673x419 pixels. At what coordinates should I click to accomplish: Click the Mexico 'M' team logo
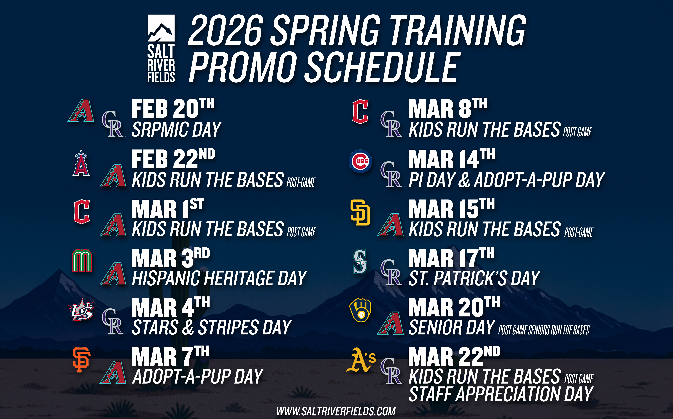point(82,260)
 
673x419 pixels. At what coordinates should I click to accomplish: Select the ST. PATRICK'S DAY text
point(474,278)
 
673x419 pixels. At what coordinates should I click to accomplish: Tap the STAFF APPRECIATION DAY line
point(501,394)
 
